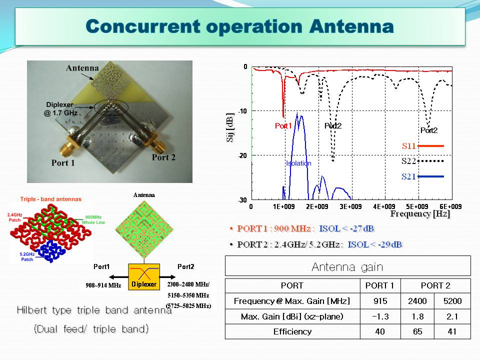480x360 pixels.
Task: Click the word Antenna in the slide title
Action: [351, 26]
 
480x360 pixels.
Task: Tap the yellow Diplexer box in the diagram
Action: [144, 277]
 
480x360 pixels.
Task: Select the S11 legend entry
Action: [423, 146]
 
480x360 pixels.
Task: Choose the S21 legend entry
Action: [423, 176]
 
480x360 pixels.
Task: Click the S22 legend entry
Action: [423, 161]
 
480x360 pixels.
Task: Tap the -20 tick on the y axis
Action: [243, 156]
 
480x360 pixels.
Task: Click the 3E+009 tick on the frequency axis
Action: [350, 206]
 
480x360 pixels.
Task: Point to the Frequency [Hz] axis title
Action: [420, 213]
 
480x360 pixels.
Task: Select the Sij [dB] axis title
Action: [230, 127]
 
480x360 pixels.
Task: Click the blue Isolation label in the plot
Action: [298, 163]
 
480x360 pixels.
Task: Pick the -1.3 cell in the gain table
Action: [380, 316]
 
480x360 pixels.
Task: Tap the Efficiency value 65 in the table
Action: [417, 332]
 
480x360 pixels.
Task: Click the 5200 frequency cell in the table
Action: [452, 301]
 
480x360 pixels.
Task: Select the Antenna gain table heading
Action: [347, 267]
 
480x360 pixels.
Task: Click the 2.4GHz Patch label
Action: [14, 217]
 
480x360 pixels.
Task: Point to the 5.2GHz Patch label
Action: [27, 256]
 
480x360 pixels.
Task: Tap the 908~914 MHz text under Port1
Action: [103, 285]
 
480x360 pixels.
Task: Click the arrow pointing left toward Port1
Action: [118, 277]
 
